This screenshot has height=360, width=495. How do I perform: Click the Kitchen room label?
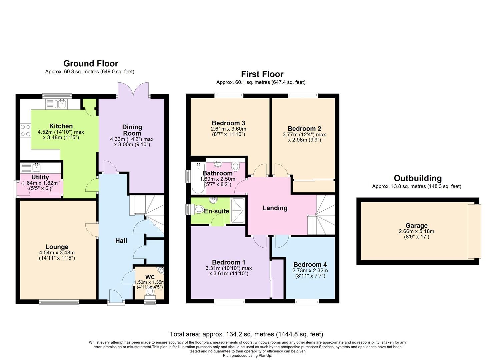(x=61, y=126)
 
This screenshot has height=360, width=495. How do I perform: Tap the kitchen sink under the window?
(x=61, y=104)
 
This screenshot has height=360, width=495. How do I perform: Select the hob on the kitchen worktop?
(x=25, y=130)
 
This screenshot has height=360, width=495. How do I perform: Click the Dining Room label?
(x=132, y=130)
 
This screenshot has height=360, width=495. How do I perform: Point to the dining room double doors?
(x=133, y=90)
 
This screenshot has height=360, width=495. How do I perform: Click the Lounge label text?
(x=57, y=247)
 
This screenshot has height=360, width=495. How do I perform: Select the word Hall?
(x=121, y=241)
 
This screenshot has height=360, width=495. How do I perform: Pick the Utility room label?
(x=40, y=177)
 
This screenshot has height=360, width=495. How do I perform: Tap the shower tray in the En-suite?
(x=238, y=211)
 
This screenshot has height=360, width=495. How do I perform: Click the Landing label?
(x=275, y=208)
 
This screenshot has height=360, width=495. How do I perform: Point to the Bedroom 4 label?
(x=310, y=265)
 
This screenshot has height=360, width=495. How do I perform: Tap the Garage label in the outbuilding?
(x=416, y=226)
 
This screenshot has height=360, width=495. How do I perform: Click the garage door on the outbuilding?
(x=474, y=231)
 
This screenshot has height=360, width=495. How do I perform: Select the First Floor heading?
(x=262, y=74)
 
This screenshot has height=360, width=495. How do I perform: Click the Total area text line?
(x=246, y=334)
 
